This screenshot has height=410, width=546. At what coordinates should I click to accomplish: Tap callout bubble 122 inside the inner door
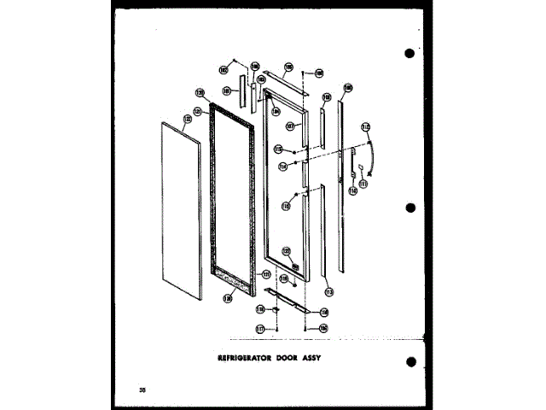(x=288, y=252)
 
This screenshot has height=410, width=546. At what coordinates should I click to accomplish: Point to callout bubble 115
(x=278, y=149)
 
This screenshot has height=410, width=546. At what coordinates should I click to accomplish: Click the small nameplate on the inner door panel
(x=295, y=266)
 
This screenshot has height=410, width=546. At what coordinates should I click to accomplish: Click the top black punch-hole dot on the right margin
(x=409, y=53)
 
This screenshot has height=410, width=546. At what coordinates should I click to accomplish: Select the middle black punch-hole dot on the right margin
(x=409, y=208)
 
